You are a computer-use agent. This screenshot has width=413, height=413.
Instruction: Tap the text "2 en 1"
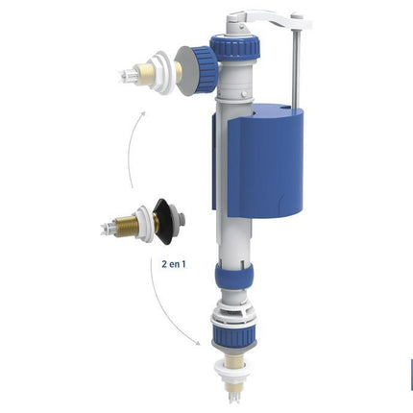point(174,264)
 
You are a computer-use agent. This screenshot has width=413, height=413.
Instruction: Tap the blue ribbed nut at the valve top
point(234,46)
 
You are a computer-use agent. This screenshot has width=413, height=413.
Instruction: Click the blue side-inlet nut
point(206,70)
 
